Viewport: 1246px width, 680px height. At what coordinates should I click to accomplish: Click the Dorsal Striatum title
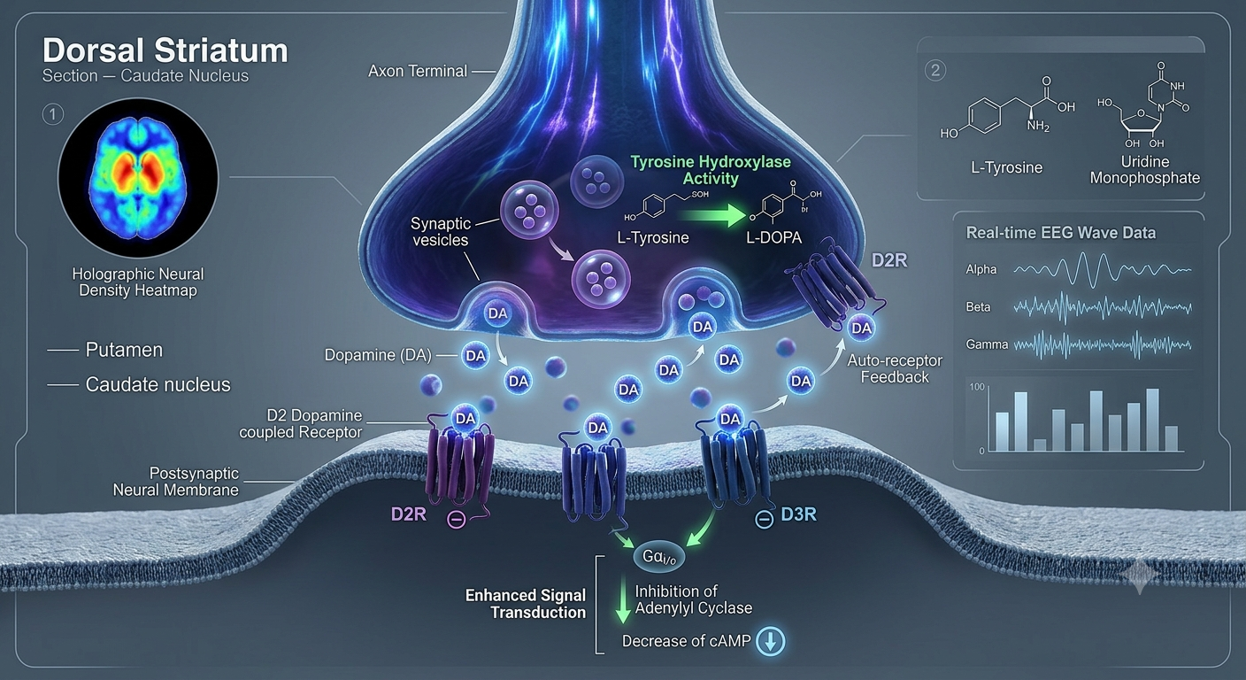165,50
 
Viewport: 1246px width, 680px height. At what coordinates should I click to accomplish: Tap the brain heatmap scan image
139,177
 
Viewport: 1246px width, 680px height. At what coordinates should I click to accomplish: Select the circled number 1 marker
53,114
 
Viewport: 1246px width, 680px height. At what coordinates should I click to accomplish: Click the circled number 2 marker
935,71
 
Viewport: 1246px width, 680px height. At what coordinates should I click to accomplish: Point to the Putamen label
124,350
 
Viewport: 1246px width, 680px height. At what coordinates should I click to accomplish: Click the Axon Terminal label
418,71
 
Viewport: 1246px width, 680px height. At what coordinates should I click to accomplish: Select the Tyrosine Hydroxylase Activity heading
711,170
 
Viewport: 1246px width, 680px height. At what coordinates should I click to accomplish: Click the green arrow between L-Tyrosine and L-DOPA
722,216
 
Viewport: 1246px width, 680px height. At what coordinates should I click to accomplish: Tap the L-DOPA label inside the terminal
773,237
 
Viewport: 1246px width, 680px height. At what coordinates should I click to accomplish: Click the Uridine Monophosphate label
1145,170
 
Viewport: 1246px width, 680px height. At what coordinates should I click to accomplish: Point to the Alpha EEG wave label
981,269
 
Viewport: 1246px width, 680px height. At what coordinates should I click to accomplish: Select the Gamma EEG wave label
987,344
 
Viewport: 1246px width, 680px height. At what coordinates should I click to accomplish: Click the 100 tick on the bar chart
977,387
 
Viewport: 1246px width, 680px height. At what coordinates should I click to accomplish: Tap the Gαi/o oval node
659,556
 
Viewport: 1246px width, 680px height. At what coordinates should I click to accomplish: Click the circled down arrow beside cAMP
771,642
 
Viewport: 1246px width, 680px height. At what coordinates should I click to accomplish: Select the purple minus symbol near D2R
456,520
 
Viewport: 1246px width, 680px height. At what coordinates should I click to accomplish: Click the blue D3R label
799,514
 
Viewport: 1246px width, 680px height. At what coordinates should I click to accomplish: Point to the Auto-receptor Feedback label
895,369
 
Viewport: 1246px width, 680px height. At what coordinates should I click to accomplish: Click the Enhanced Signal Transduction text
526,605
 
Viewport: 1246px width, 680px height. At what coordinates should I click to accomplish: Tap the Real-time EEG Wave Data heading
1061,233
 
